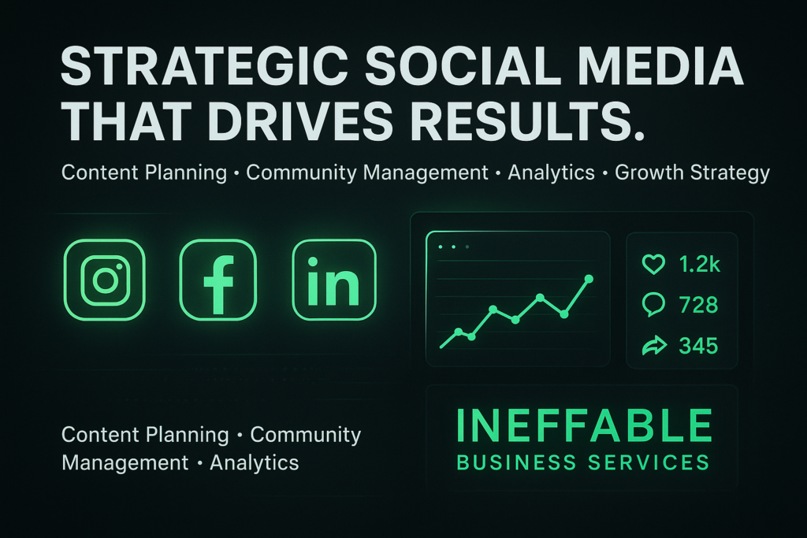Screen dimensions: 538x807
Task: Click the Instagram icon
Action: [105, 280]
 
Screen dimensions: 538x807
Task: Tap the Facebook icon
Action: [218, 280]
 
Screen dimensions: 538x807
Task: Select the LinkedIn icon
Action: [334, 280]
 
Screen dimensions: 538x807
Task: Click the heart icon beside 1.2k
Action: [653, 265]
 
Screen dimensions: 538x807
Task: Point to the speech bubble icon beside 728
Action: [653, 305]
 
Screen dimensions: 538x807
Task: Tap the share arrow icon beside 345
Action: [654, 345]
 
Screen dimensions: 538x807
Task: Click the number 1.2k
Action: [700, 265]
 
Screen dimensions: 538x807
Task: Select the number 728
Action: [698, 305]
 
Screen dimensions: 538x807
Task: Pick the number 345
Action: [698, 345]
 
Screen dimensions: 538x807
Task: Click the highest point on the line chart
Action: [589, 279]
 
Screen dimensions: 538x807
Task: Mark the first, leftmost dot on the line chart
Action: [459, 332]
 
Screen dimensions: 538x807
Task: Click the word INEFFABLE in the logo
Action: [584, 426]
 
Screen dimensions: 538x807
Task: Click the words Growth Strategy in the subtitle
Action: [692, 173]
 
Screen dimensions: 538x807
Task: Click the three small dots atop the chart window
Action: [453, 247]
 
